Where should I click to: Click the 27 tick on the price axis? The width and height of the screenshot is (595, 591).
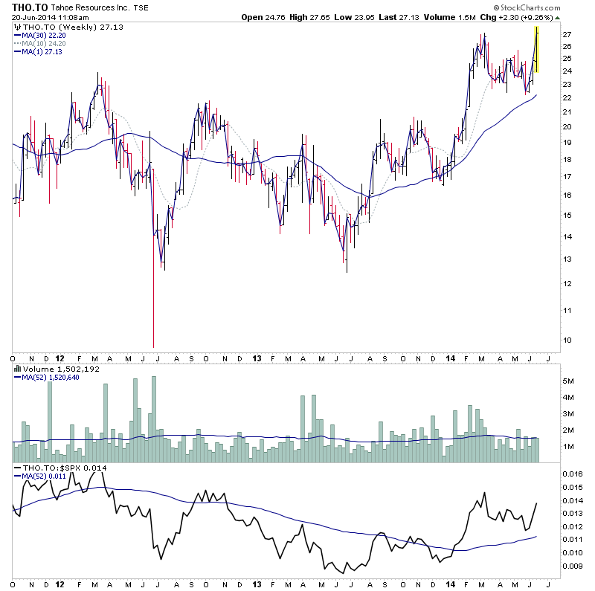tap(567, 35)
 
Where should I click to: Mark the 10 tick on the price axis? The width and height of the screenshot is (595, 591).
tap(567, 340)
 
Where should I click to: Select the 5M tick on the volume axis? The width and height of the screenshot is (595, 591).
tap(568, 381)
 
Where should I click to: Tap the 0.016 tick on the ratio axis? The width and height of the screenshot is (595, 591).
tap(573, 474)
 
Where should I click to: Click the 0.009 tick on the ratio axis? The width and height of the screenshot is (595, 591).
tap(573, 566)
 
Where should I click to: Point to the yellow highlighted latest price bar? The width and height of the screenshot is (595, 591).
tap(536, 50)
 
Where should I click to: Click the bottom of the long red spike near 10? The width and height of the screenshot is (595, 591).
tap(153, 346)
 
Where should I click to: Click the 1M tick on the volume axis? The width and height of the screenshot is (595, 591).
tap(568, 446)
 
